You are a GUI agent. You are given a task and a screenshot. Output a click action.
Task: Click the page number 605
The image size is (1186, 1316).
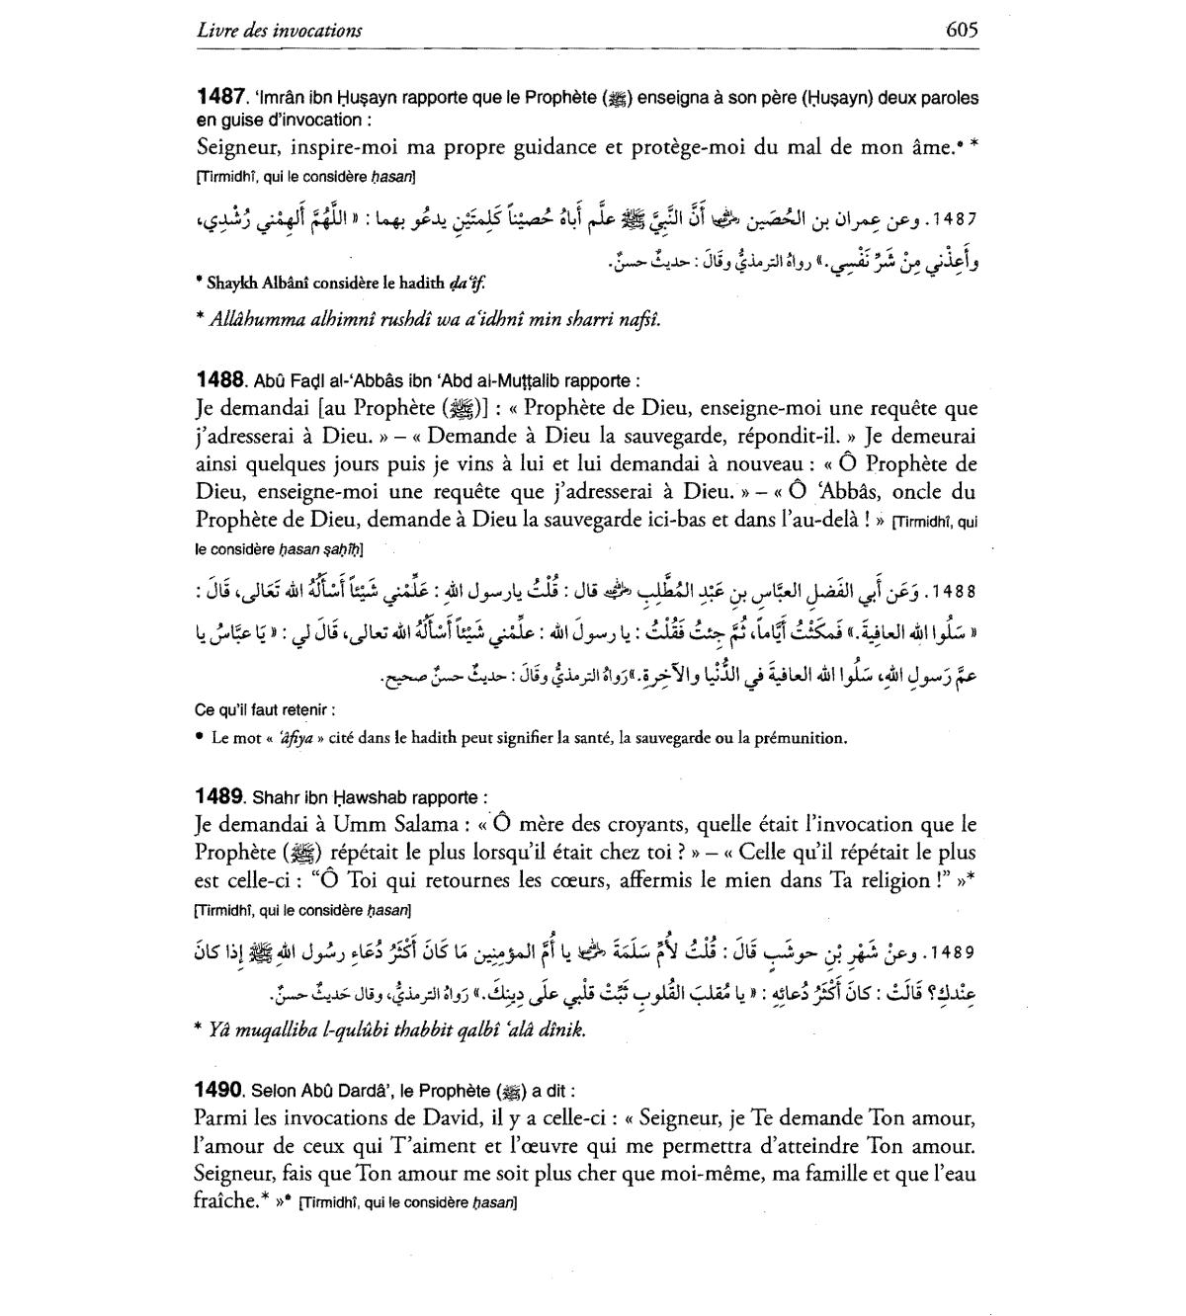(961, 30)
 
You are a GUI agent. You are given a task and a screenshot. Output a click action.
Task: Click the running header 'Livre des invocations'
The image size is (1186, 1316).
(279, 31)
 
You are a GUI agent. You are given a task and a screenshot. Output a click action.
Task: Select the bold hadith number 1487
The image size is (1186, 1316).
(220, 97)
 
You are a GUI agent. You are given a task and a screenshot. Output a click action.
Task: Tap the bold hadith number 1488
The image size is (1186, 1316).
(220, 379)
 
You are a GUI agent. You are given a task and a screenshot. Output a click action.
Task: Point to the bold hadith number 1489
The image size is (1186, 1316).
(220, 796)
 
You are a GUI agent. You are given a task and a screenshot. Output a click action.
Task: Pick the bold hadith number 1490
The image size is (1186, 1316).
(220, 1090)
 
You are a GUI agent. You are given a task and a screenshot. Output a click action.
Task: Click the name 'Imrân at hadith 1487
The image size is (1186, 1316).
(283, 98)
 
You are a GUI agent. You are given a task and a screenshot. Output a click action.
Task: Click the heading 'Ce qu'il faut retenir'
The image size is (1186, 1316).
(265, 709)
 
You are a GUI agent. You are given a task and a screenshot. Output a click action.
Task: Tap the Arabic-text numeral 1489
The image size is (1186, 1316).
(954, 953)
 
